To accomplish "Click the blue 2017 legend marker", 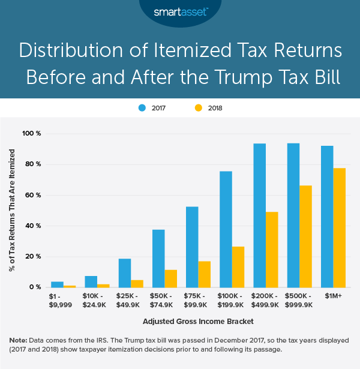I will point(143,108).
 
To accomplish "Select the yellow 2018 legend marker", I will point(197,108).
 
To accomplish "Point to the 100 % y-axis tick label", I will point(31,133).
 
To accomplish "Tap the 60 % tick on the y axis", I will point(32,195).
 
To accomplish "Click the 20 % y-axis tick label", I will point(32,257).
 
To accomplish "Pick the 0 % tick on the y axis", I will point(35,287).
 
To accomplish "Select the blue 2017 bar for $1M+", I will point(327,217).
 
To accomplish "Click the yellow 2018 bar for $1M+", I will point(340,228).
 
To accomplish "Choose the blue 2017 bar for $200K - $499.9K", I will point(259,215).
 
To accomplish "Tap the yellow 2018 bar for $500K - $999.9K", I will point(306,236).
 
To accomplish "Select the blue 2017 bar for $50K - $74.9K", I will point(158,259).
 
